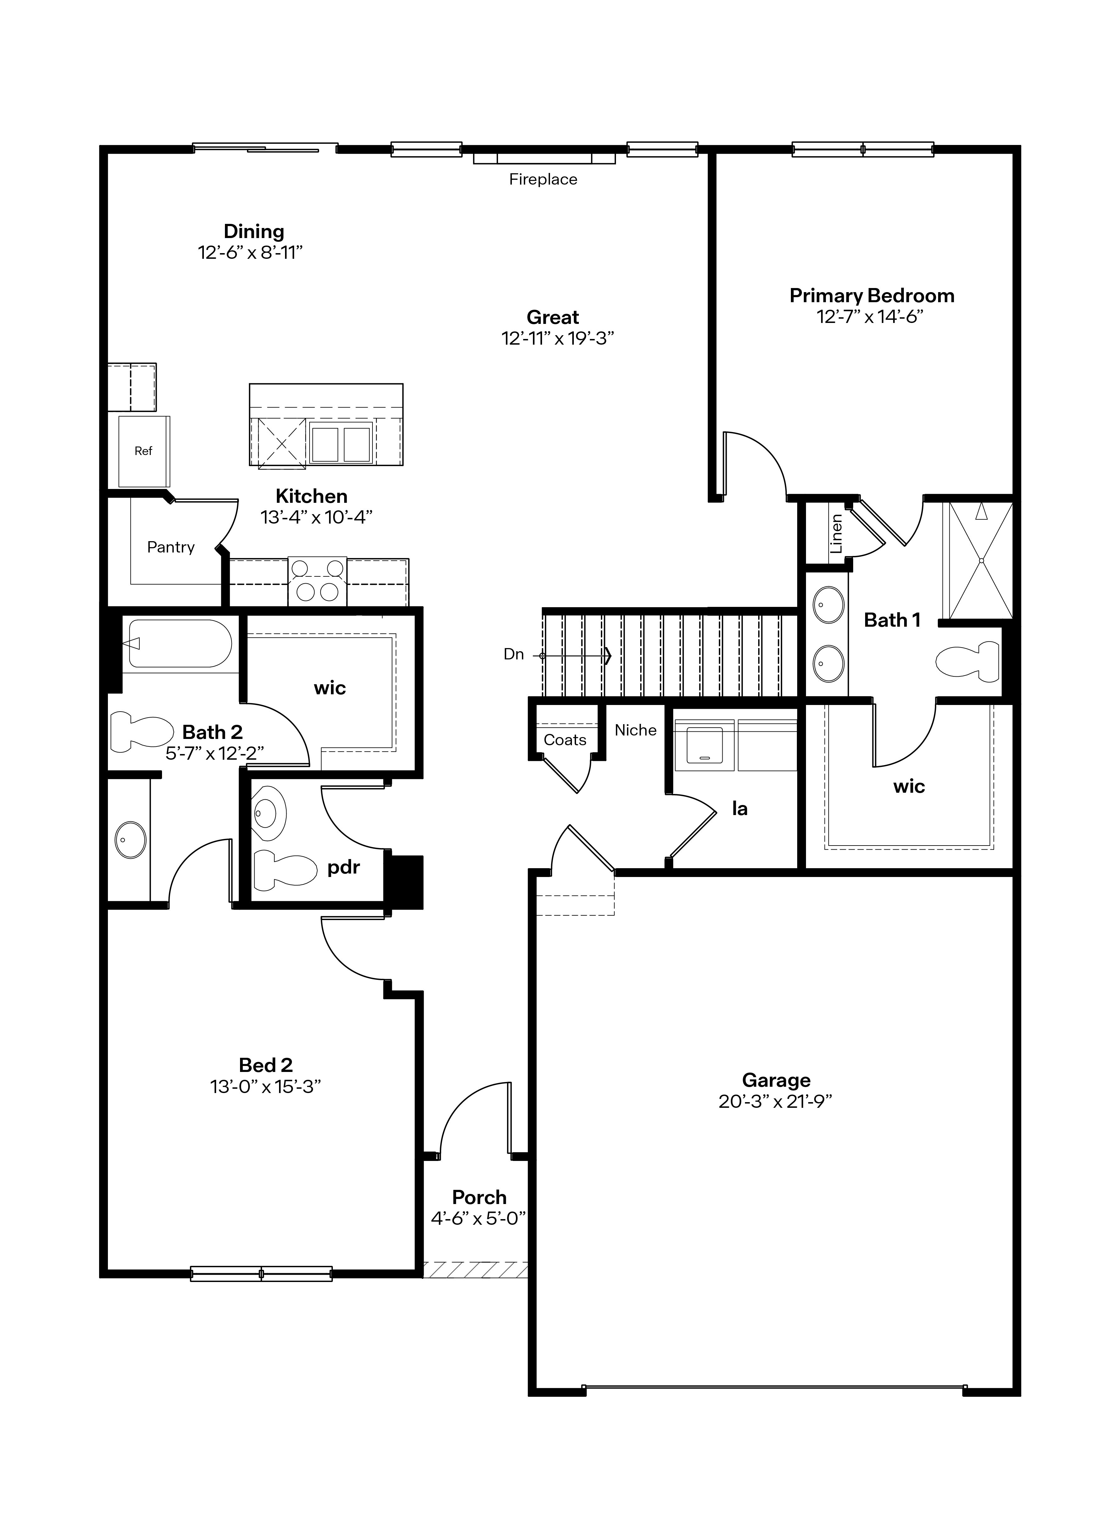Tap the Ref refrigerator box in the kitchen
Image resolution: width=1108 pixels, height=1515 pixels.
(x=143, y=451)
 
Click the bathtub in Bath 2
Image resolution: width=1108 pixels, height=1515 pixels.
(x=180, y=644)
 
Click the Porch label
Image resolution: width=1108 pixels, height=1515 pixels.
(x=479, y=1197)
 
